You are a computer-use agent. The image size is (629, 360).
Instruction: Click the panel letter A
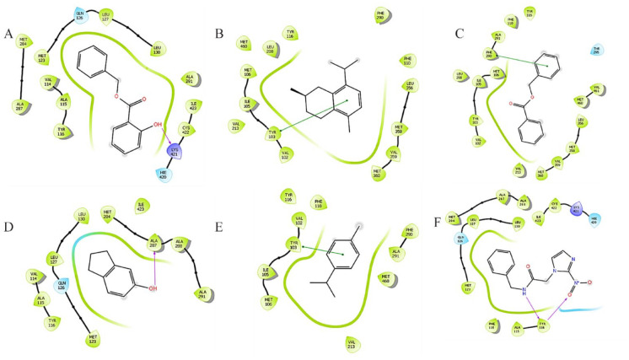8,35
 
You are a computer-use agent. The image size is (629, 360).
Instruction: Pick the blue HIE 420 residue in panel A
163,175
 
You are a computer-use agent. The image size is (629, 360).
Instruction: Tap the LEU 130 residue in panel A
156,46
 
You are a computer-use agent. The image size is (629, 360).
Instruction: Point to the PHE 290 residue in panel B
381,14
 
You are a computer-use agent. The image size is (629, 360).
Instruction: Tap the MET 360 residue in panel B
377,172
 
